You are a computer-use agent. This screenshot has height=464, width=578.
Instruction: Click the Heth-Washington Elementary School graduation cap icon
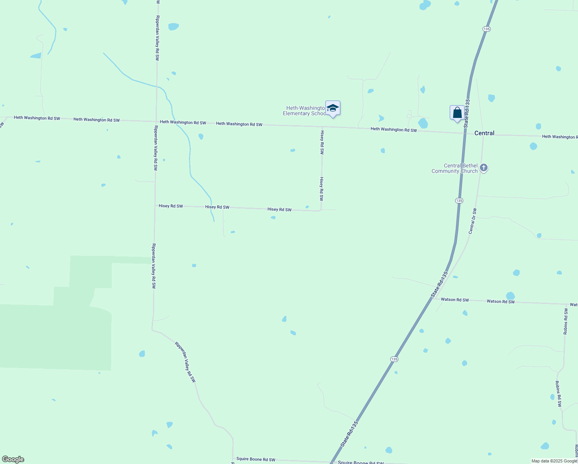(x=333, y=108)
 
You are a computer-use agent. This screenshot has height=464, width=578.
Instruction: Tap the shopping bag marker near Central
(x=457, y=113)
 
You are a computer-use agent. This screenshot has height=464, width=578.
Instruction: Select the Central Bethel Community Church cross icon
(x=484, y=168)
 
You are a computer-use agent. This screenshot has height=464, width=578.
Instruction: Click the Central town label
(x=484, y=133)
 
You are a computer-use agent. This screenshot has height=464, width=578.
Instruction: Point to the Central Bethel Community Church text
(x=455, y=169)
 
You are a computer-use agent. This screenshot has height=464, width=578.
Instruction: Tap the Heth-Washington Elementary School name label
(x=304, y=111)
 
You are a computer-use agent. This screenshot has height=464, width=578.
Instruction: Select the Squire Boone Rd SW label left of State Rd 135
(x=256, y=459)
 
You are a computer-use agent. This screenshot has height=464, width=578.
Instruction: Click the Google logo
(x=13, y=459)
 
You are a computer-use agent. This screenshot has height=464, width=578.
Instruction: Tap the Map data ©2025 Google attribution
(x=554, y=461)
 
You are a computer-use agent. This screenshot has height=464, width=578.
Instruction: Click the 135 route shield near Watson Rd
(x=394, y=359)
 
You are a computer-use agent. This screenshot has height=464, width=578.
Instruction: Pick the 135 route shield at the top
(x=486, y=29)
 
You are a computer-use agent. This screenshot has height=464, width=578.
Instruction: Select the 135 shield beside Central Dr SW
(x=459, y=201)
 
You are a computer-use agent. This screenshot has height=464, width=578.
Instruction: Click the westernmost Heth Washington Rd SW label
(x=37, y=118)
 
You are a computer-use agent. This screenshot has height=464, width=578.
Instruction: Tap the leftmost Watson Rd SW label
(x=455, y=300)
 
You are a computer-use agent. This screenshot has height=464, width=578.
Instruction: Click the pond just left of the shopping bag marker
(x=423, y=123)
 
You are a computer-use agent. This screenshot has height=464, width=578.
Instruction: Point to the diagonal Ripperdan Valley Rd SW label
(x=185, y=362)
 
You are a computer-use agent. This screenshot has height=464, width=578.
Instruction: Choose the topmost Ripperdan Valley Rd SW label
(x=157, y=38)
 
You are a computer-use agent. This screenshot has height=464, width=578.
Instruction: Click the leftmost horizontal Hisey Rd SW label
(x=171, y=206)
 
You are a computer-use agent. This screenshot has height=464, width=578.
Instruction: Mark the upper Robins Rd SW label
(x=566, y=321)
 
